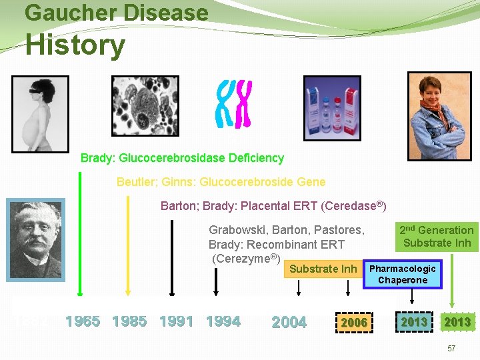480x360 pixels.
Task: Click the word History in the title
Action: (x=75, y=45)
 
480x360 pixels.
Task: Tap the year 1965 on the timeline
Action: (x=83, y=321)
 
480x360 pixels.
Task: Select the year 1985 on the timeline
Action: (x=129, y=321)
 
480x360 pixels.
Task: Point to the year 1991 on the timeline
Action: (x=177, y=321)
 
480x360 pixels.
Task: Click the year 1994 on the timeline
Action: (x=223, y=321)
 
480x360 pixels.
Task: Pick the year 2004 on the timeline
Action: (x=289, y=323)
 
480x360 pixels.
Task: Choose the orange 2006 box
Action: (x=354, y=323)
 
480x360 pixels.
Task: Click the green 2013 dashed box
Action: (x=413, y=322)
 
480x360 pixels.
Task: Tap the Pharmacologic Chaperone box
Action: (x=403, y=274)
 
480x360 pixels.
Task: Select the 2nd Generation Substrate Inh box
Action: (x=437, y=237)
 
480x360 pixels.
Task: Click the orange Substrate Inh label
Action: (x=323, y=269)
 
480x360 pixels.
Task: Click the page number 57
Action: (x=451, y=349)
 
